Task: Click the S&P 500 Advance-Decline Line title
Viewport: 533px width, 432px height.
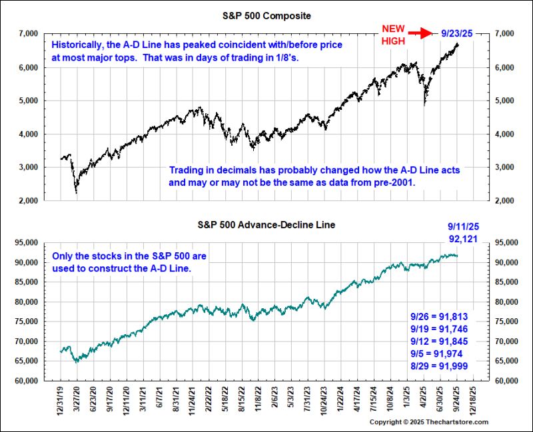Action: pyautogui.click(x=266, y=225)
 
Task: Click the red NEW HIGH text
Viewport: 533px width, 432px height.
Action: pyautogui.click(x=392, y=33)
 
